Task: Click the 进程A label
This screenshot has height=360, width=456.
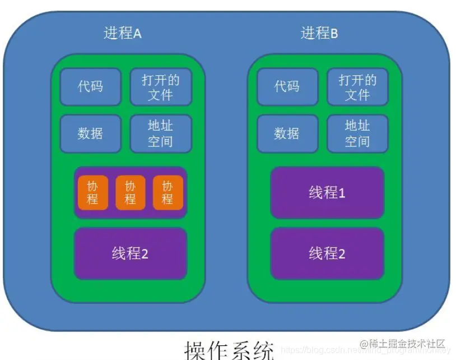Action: [123, 33]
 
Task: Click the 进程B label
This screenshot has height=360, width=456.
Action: [319, 33]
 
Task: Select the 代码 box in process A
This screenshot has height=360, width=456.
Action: [90, 87]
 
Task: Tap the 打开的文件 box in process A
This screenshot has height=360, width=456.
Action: [160, 87]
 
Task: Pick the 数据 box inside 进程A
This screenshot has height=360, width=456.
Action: [90, 133]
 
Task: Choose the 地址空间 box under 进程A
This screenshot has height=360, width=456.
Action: [160, 133]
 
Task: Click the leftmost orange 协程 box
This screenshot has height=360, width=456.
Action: [92, 192]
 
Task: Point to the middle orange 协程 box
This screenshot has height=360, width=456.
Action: [130, 192]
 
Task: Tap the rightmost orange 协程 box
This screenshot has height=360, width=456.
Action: [167, 192]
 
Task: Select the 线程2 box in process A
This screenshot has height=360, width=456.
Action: [130, 253]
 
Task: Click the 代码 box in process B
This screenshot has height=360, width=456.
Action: [287, 87]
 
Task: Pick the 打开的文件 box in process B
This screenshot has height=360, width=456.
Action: [357, 87]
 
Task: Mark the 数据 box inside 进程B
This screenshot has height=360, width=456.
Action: [287, 133]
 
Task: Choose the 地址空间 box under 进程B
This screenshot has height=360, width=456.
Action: [357, 133]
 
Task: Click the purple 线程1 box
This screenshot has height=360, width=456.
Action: [327, 193]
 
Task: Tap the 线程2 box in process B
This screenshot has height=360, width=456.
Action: [327, 253]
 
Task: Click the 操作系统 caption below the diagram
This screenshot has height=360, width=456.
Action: [230, 349]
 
